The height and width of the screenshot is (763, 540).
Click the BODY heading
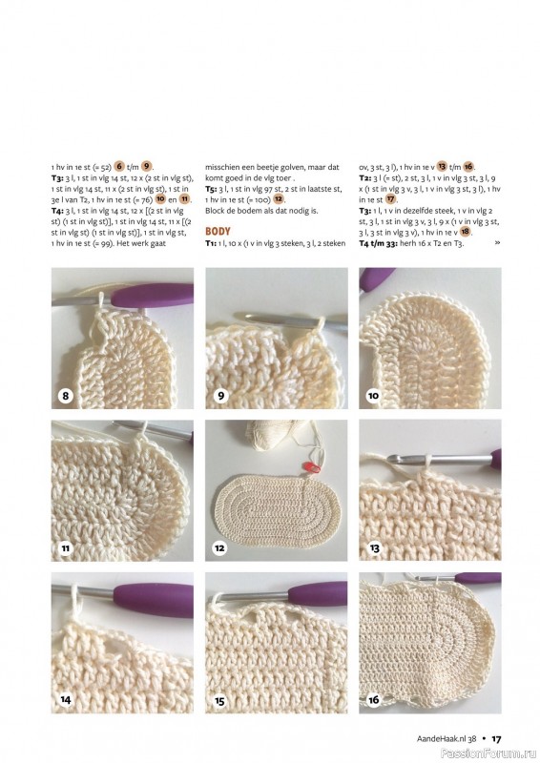[x=218, y=231]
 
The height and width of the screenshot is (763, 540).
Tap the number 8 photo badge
[x=65, y=396]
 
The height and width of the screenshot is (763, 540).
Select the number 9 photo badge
[x=220, y=396]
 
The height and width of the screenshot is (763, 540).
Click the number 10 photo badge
[x=373, y=396]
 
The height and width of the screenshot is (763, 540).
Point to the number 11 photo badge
[x=65, y=548]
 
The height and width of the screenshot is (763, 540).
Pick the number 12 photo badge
[x=219, y=548]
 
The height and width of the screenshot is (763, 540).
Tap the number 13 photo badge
[x=374, y=548]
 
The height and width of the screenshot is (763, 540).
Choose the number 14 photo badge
[x=65, y=700]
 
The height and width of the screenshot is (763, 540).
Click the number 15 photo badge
[x=219, y=701]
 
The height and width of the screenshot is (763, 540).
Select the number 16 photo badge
[x=373, y=700]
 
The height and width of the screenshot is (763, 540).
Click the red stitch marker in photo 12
[x=312, y=467]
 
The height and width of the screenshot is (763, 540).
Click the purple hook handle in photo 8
[x=153, y=296]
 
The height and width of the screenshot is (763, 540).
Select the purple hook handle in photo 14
[x=154, y=600]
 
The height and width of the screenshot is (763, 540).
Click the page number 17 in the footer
[x=496, y=738]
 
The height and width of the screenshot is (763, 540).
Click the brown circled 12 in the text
[x=278, y=199]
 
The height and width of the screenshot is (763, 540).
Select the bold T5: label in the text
[x=211, y=189]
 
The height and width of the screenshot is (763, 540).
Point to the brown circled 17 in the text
[x=390, y=199]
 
